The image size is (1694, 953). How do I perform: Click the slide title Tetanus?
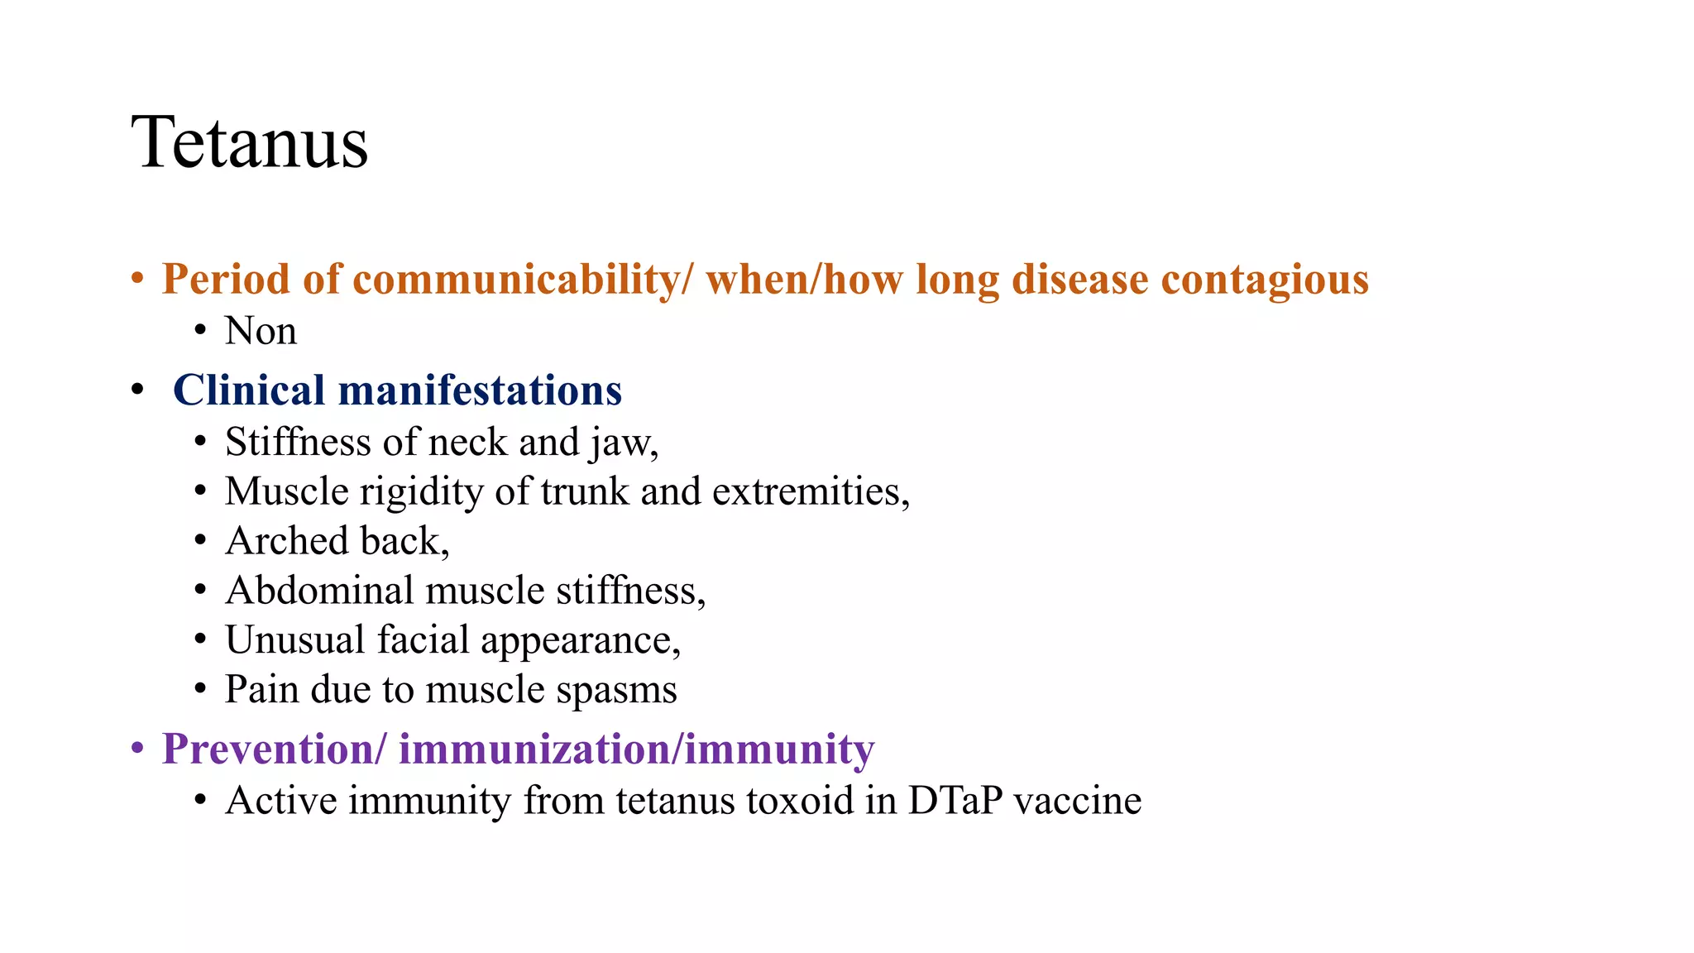coord(249,142)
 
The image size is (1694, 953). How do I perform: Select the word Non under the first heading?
coord(261,331)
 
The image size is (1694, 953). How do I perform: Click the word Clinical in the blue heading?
coord(249,390)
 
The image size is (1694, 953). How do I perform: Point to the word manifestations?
coord(480,390)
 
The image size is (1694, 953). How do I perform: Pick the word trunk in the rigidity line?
coord(585,491)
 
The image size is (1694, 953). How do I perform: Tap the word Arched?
coord(287,541)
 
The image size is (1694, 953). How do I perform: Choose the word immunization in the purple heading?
coord(534,749)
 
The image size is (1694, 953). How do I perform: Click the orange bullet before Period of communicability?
coord(138,279)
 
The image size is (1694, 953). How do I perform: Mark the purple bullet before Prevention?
coord(138,749)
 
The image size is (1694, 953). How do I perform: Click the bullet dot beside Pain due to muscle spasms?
coord(200,689)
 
